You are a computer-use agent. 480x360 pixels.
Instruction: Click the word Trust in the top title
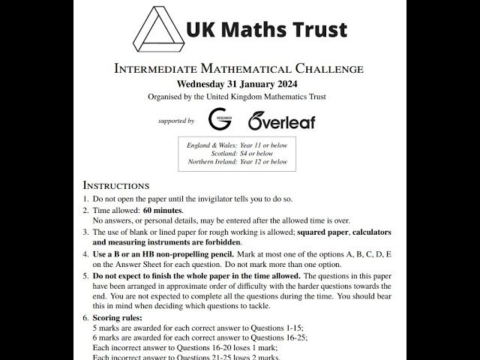pos(315,29)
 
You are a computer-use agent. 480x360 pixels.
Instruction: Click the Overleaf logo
pos(281,120)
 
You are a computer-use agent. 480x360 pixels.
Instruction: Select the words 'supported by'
pos(176,121)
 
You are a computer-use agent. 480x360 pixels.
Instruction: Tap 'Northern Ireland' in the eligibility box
pos(212,162)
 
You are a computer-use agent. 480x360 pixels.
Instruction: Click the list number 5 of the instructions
pos(85,276)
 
